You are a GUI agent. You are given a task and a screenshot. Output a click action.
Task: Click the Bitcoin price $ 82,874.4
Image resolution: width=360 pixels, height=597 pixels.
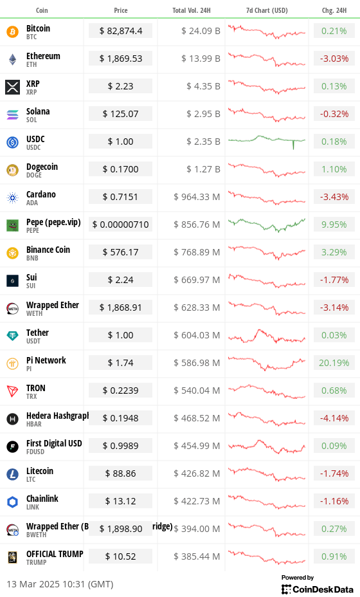[x=120, y=31]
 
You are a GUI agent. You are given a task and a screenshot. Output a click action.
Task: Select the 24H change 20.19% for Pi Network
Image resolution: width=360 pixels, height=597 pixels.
[x=334, y=363]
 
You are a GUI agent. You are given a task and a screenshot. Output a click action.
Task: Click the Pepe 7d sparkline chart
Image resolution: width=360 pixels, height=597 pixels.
[x=267, y=225]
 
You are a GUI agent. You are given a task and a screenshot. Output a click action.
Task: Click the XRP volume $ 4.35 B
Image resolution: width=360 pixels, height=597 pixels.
[x=203, y=87]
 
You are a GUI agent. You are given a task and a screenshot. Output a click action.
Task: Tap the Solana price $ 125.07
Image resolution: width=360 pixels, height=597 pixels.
[x=120, y=114]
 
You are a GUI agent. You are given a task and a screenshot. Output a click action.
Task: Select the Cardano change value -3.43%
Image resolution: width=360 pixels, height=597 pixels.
[x=334, y=197]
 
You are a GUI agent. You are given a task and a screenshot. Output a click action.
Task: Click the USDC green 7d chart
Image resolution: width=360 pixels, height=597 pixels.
[x=267, y=142]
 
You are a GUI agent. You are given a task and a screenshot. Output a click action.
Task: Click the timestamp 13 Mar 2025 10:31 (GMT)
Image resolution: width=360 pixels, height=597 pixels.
[x=60, y=584]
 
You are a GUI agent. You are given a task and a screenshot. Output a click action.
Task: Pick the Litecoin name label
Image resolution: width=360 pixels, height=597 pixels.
[x=40, y=471]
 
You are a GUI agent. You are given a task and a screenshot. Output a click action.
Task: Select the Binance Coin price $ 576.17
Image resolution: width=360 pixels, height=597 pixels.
[x=120, y=252]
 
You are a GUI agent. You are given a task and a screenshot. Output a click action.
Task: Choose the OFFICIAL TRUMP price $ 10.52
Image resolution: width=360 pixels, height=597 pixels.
[x=120, y=556]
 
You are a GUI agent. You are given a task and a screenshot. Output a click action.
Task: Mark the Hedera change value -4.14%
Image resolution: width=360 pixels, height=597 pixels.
[x=334, y=418]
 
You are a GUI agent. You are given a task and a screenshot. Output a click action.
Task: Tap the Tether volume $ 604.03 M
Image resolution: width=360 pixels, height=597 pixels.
[x=197, y=335]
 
